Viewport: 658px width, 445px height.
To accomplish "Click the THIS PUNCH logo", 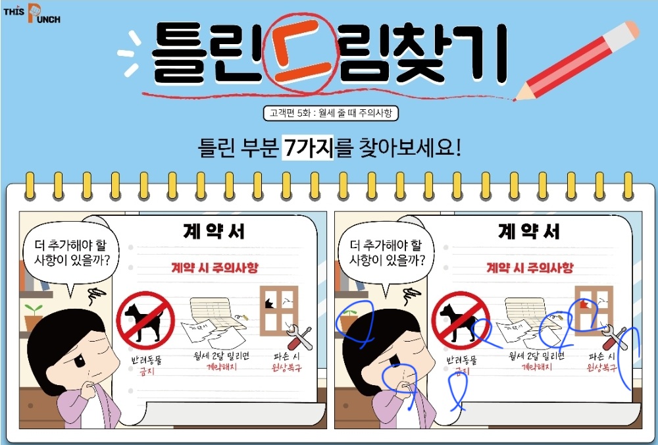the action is [x=32, y=13].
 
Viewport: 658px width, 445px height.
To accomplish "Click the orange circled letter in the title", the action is [x=301, y=53].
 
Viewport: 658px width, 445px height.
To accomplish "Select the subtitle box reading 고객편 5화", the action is [x=331, y=113].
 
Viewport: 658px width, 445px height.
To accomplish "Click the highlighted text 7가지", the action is [x=307, y=147].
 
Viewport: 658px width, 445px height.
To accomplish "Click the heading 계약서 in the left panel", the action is [x=214, y=231].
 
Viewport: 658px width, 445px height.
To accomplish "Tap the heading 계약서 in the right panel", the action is [x=529, y=231].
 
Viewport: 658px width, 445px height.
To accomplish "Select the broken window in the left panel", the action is [x=279, y=311].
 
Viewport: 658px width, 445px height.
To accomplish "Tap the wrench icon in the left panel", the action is [x=301, y=337].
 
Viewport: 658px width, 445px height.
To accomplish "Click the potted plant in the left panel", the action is [x=33, y=317].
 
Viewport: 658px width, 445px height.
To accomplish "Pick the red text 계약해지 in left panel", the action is [x=222, y=367].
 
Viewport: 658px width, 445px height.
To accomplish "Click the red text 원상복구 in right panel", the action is [x=602, y=368].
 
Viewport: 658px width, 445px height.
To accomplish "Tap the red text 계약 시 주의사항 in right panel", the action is [x=530, y=267].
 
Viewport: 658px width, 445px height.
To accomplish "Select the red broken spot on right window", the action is [x=584, y=304].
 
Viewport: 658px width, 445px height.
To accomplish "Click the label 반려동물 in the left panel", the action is [x=146, y=360].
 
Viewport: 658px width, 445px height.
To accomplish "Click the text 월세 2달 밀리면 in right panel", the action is [x=537, y=356].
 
